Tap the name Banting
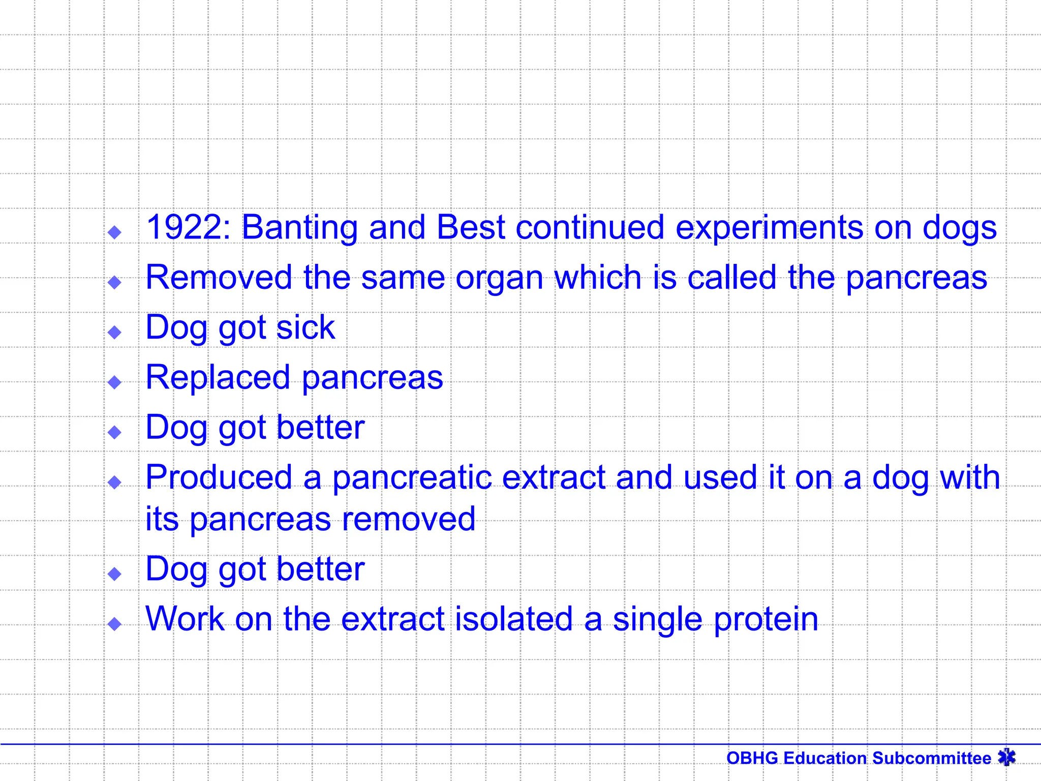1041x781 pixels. pos(299,227)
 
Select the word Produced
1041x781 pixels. pos(219,477)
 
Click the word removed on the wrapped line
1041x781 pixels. pos(409,519)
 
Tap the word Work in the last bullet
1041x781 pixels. pos(185,619)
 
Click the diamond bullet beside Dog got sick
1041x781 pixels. pos(115,333)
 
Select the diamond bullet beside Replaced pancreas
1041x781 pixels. pos(115,382)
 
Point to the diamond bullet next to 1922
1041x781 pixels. pos(115,233)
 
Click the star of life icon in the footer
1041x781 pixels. pos(1006,758)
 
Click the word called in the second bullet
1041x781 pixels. pos(731,278)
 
